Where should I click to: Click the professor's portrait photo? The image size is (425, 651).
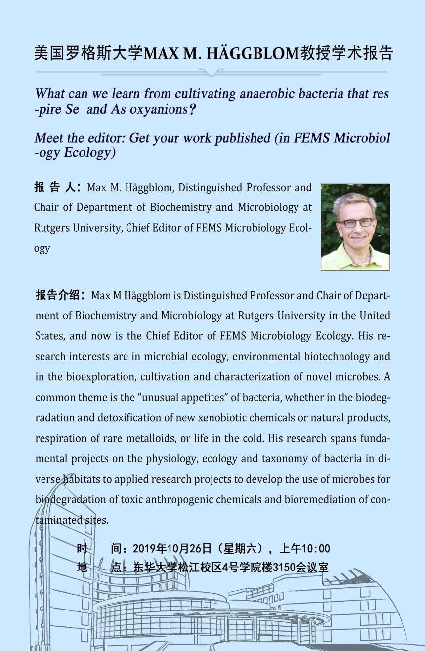point(355,227)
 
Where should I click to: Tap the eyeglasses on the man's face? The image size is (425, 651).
point(356,223)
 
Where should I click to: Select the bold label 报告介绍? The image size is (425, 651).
point(60,295)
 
